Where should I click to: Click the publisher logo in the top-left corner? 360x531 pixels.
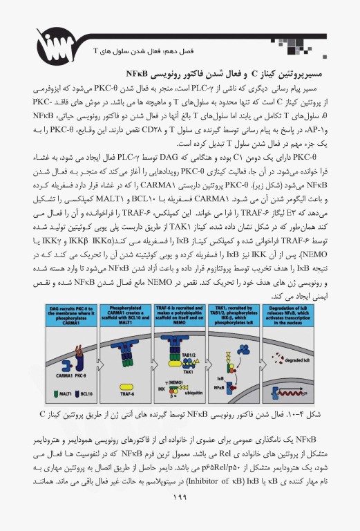pyautogui.click(x=35, y=30)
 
